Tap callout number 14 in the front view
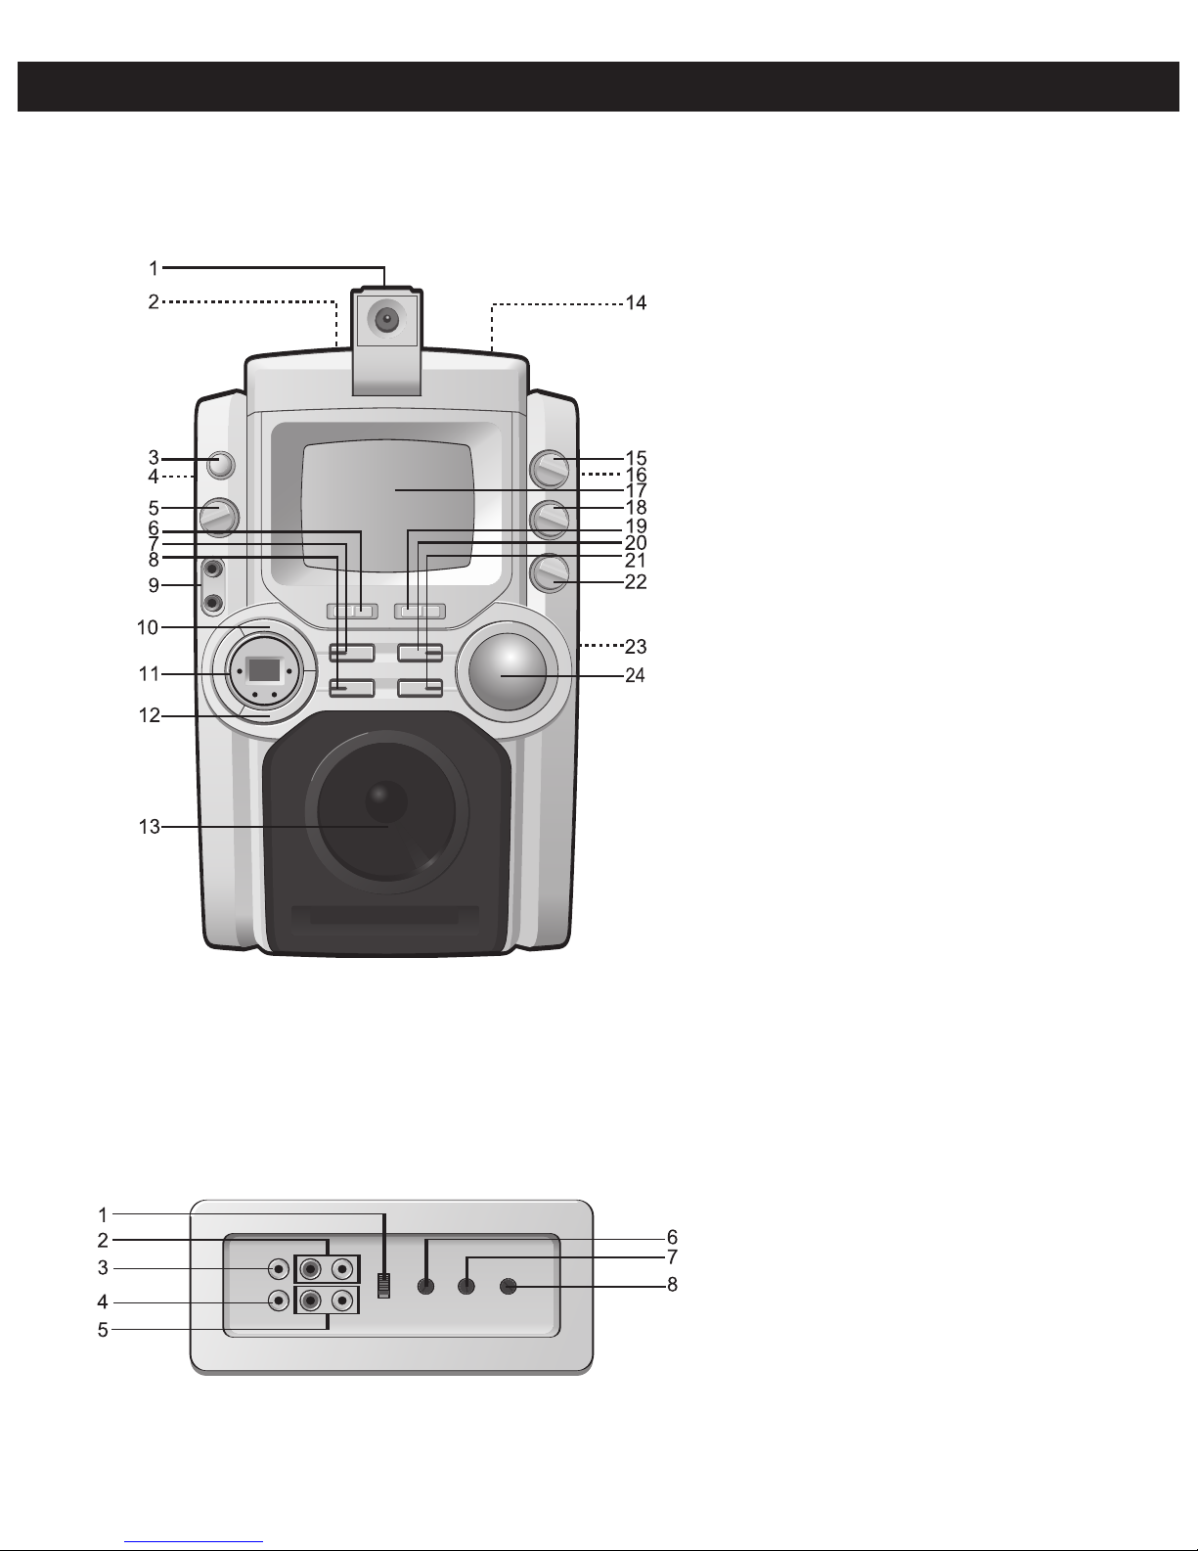[636, 303]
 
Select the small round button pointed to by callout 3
[220, 466]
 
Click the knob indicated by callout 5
[219, 517]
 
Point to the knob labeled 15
[550, 469]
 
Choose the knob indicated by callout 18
[550, 520]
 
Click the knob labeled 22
[550, 573]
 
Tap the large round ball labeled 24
[508, 671]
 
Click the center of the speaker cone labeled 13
[386, 800]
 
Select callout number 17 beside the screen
[636, 491]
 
